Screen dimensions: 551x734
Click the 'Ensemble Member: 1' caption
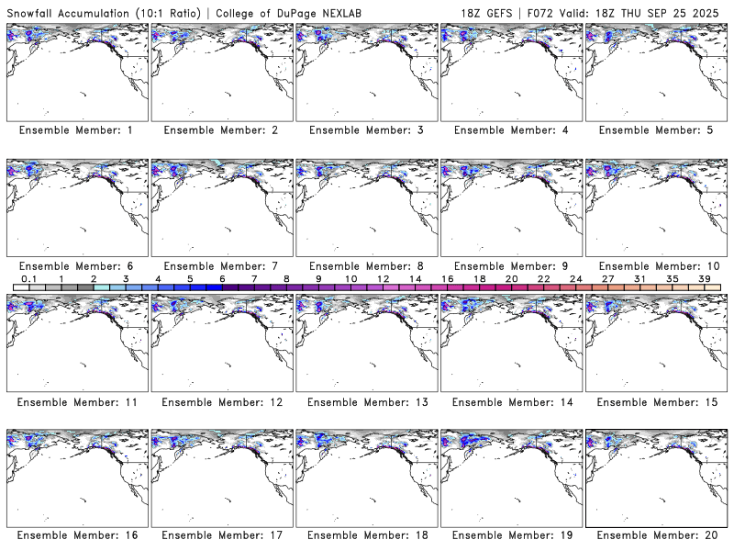coord(76,130)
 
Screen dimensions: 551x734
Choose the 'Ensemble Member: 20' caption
coord(658,534)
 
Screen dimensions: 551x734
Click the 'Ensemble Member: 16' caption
coord(76,534)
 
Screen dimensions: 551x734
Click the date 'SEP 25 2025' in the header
coord(689,10)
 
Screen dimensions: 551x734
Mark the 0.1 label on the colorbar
coord(28,278)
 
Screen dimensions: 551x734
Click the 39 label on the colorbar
coord(704,278)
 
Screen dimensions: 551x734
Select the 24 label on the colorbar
coord(575,278)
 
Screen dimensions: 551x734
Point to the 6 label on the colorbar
coord(222,278)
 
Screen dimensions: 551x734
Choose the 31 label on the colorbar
coord(639,278)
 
